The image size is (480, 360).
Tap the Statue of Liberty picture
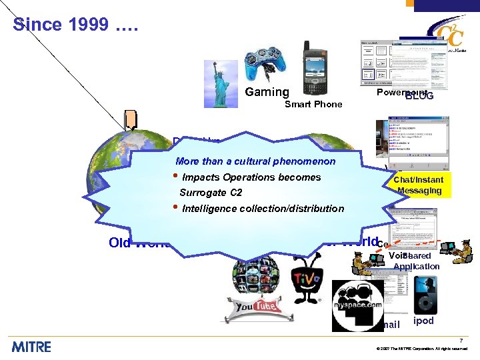point(221,84)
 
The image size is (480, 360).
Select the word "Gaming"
point(267,93)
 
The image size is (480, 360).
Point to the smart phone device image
point(316,69)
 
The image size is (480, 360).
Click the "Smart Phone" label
point(313,105)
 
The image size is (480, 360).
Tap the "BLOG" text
point(419,96)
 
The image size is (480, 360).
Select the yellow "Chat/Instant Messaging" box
point(418,185)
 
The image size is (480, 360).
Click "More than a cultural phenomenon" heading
point(255,161)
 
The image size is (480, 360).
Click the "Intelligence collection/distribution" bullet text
point(263,209)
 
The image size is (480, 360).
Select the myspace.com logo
point(357,305)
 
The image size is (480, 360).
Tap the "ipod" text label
point(423,321)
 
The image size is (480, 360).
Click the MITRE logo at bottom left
point(31,345)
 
